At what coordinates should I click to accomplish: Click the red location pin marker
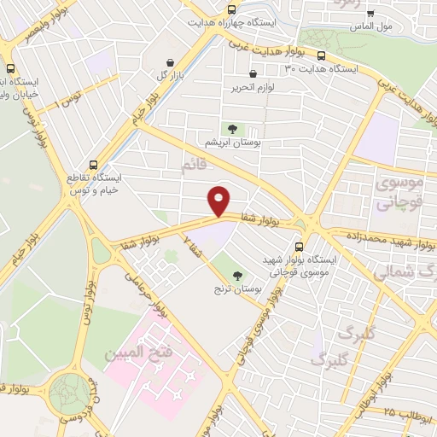219,200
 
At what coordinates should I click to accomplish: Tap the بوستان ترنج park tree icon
237,275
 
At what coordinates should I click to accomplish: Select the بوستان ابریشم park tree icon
230,128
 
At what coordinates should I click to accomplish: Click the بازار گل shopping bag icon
171,62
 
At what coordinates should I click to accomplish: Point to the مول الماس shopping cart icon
370,14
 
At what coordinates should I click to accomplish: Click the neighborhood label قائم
195,165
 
